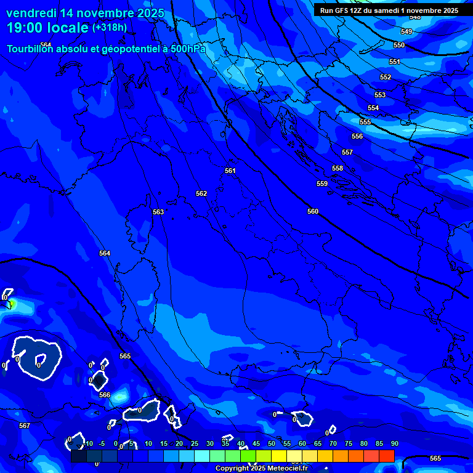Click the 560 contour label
313,211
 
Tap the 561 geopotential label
230,171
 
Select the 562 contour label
201,193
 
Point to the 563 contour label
158,212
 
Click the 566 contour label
105,395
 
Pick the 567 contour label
24,426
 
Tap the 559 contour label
322,184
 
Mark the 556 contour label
357,136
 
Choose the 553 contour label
380,95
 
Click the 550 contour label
399,45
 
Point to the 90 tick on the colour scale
394,443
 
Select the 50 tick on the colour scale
272,443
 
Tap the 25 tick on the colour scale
195,443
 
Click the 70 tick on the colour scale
333,443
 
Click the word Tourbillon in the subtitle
33,49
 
